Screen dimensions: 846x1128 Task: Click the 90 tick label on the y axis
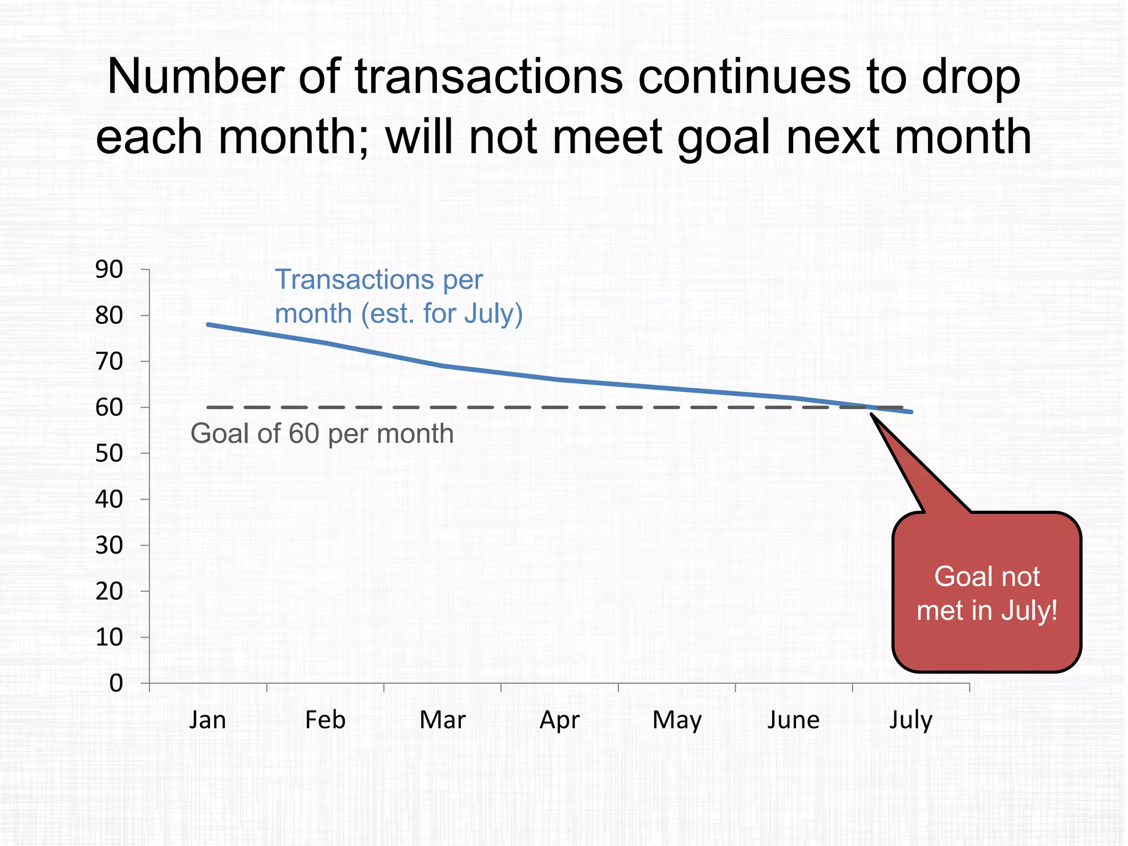click(x=109, y=270)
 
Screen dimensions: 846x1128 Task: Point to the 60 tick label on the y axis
click(x=109, y=408)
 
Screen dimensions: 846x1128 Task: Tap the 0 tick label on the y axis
click(x=116, y=684)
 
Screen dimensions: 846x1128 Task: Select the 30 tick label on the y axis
click(x=109, y=546)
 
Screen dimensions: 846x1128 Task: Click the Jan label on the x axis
click(x=208, y=720)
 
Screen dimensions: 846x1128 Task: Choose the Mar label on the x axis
click(x=442, y=720)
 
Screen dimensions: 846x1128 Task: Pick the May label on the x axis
click(x=677, y=720)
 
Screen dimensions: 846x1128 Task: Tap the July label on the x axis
click(x=911, y=720)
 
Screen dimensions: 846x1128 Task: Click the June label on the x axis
click(x=794, y=720)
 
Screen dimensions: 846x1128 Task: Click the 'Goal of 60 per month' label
click(x=322, y=434)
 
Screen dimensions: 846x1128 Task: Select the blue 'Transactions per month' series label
click(x=398, y=296)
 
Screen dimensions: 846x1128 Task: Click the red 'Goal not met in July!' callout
click(x=986, y=594)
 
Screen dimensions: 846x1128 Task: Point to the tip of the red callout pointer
click(x=871, y=414)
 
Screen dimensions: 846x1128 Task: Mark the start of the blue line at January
click(x=208, y=324)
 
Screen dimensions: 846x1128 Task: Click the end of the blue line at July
click(x=912, y=412)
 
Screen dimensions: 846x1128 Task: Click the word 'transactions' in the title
click(x=489, y=77)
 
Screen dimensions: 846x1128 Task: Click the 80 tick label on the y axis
click(x=109, y=316)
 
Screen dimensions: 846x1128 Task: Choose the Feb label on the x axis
click(x=325, y=720)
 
